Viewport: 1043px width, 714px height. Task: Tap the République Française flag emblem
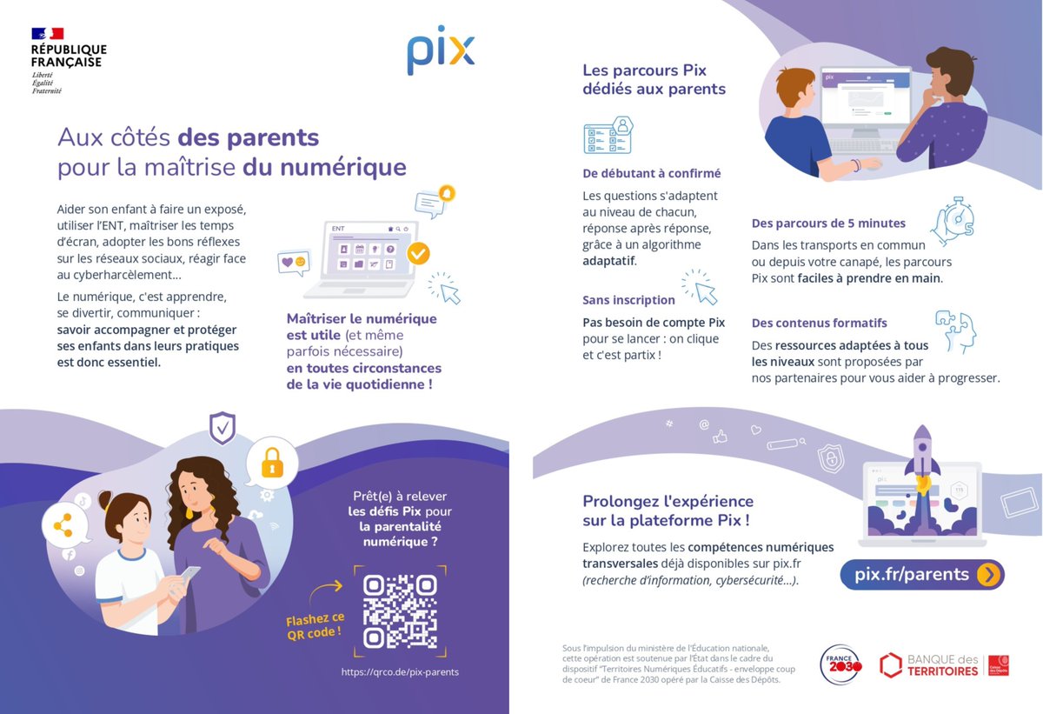click(x=47, y=34)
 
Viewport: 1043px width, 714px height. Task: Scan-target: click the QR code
click(x=400, y=611)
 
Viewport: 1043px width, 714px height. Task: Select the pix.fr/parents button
click(x=921, y=575)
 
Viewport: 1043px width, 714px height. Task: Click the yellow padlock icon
click(x=273, y=463)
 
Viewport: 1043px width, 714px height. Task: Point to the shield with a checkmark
click(x=223, y=428)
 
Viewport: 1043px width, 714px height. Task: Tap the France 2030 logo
click(x=840, y=664)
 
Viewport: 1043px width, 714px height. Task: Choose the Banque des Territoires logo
click(x=944, y=665)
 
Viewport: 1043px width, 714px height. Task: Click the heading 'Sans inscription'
click(x=628, y=300)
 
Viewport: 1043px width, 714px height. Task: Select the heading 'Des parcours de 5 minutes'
click(x=828, y=224)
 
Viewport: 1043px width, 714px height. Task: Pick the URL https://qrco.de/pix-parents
click(x=400, y=672)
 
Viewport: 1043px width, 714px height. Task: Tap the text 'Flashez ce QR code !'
click(x=315, y=624)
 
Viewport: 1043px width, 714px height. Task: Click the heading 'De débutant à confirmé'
click(x=651, y=173)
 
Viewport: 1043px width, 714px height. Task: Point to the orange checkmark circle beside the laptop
click(x=418, y=253)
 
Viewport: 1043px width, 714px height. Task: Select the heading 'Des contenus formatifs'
click(x=819, y=323)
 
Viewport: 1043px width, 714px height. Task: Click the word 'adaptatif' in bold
click(x=608, y=260)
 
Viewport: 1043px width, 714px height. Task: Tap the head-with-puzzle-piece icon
click(x=956, y=330)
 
